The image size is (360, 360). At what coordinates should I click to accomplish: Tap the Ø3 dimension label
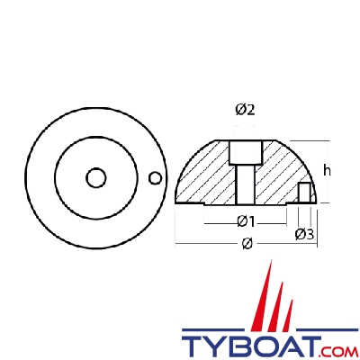pyautogui.click(x=304, y=235)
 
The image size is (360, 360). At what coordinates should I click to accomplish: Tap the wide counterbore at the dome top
pyautogui.click(x=244, y=150)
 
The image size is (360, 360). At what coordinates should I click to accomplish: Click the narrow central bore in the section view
pyautogui.click(x=244, y=183)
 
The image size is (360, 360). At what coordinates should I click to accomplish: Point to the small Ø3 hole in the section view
pyautogui.click(x=305, y=193)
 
